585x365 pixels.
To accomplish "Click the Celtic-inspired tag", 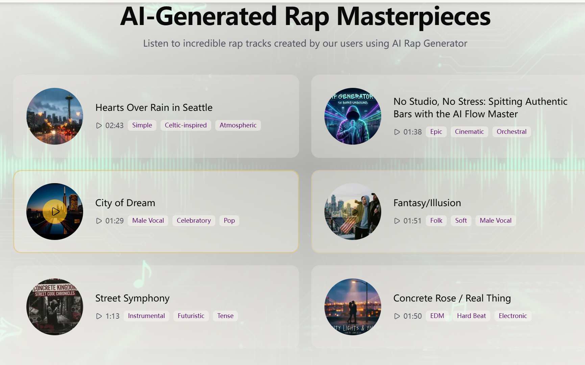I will pos(186,125).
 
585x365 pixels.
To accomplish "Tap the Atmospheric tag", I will pos(238,125).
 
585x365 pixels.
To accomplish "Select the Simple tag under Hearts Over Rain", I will pos(142,125).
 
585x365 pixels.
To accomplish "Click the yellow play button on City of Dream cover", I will pos(55,212).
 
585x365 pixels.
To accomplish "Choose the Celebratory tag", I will pos(194,221).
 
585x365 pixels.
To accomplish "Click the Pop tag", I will pos(229,221).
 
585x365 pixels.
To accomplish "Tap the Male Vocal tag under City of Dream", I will pos(148,221).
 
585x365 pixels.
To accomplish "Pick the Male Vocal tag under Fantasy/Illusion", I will pos(495,221).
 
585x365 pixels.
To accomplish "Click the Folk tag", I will pos(436,221).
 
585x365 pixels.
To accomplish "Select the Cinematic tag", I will pos(469,132).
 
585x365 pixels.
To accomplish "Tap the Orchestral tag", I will pos(511,132).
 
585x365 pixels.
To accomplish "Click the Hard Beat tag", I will pos(471,316).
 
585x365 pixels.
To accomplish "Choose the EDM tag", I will pos(437,316).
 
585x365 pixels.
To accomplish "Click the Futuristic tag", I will pos(191,316).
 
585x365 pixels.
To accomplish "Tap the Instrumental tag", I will pos(146,316).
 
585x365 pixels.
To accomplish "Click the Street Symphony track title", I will pos(132,298).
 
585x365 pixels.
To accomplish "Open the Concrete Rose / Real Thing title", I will pos(452,298).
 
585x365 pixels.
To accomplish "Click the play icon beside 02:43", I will pos(99,126).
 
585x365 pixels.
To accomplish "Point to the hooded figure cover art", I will pos(352,116).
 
